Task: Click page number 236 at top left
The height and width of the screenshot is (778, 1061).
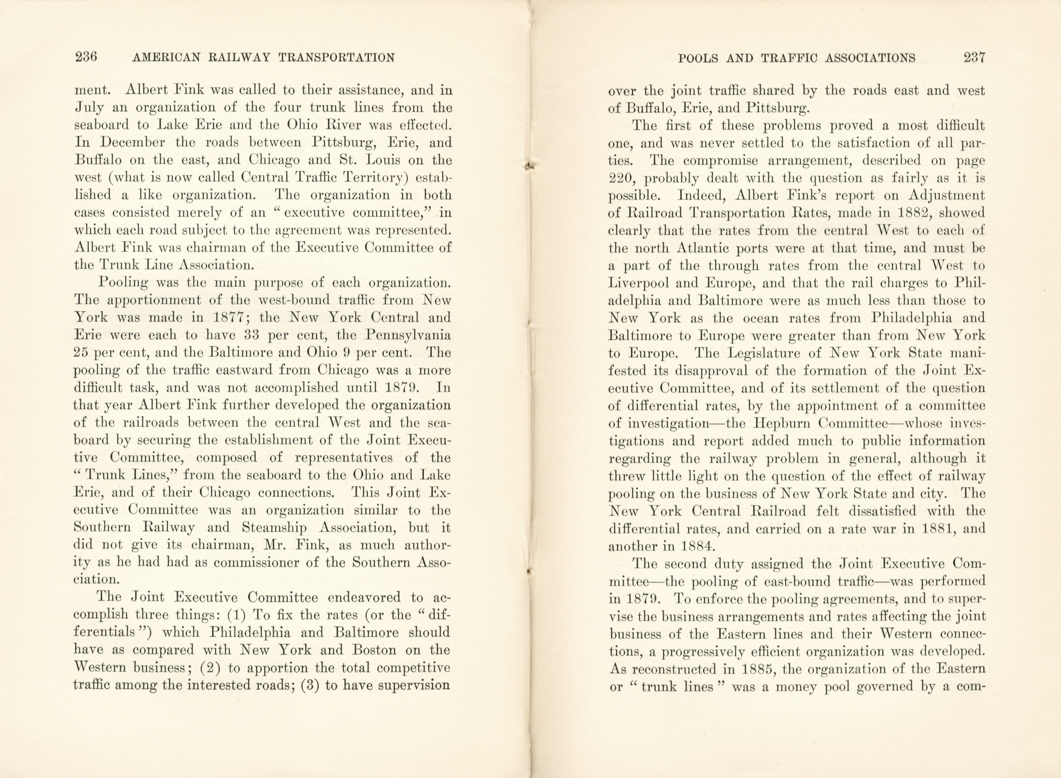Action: tap(86, 57)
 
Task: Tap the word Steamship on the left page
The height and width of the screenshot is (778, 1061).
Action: tap(279, 528)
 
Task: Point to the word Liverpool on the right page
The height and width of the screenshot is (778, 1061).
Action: tap(638, 283)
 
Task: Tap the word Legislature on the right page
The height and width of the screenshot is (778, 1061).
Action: tap(767, 353)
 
